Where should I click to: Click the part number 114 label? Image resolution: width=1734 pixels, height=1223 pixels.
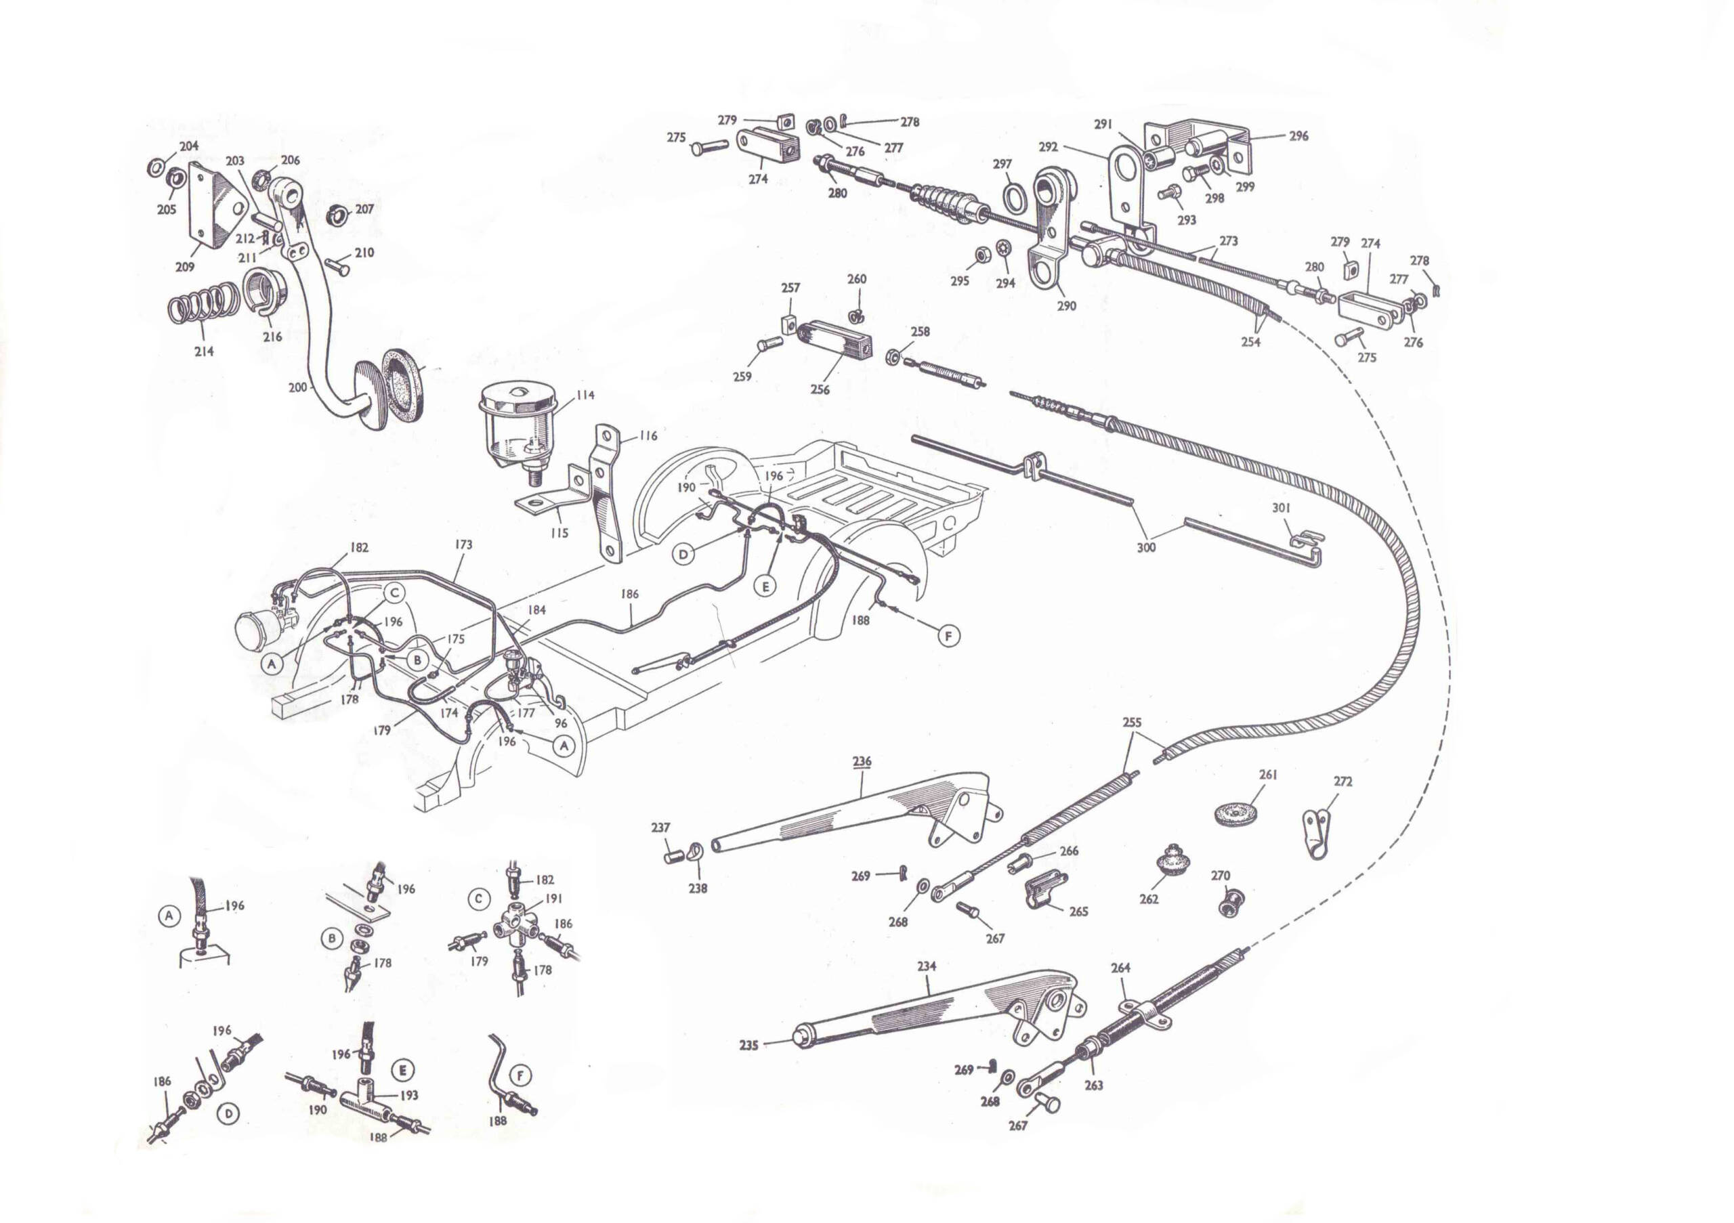[585, 395]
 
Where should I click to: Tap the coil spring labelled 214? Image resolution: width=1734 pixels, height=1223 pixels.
[203, 306]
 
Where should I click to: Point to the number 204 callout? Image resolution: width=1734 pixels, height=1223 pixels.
[189, 146]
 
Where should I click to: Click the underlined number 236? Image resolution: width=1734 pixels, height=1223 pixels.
[862, 762]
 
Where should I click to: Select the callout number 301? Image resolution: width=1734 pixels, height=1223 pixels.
[1282, 508]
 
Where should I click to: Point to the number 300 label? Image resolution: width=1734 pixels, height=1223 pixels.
[1147, 547]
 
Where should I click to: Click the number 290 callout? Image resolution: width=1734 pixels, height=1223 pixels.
[1066, 306]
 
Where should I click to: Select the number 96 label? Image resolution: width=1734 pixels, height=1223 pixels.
[560, 723]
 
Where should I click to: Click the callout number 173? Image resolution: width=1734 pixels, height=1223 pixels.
[464, 544]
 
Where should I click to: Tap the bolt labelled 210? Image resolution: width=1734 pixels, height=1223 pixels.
[337, 265]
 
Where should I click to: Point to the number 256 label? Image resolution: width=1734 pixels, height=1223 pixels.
[820, 389]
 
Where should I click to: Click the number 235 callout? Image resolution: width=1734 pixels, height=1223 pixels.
[748, 1046]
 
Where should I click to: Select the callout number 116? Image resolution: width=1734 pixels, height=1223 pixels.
[648, 435]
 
